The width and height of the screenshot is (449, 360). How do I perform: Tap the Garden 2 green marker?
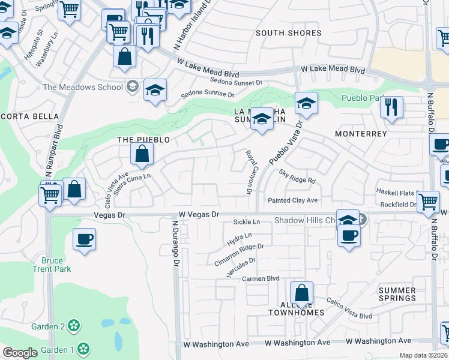click(74, 326)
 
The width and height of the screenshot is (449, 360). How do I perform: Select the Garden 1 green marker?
click(83, 347)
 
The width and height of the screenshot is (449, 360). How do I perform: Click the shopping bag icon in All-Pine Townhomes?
click(301, 293)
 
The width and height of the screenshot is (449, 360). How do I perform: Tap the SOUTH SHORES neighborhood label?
click(288, 33)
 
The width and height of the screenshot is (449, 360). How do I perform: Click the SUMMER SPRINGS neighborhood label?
click(397, 294)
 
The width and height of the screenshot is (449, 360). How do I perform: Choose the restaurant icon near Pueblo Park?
click(391, 108)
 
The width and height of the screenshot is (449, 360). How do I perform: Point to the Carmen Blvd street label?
click(261, 278)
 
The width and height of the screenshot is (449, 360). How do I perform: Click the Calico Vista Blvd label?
click(349, 308)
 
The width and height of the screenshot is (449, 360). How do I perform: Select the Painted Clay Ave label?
click(293, 200)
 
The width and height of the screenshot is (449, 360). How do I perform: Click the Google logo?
click(20, 353)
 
